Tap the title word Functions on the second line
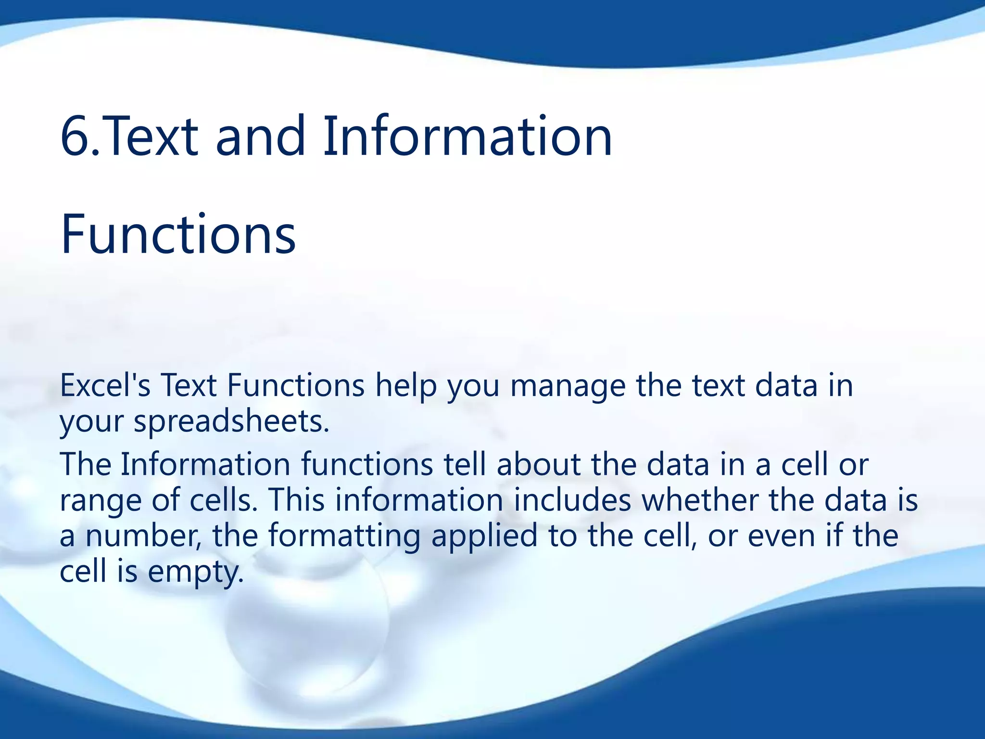coord(178,235)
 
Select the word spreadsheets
coord(231,422)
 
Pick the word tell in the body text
coord(465,464)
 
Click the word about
coord(538,464)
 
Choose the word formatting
coord(344,536)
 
